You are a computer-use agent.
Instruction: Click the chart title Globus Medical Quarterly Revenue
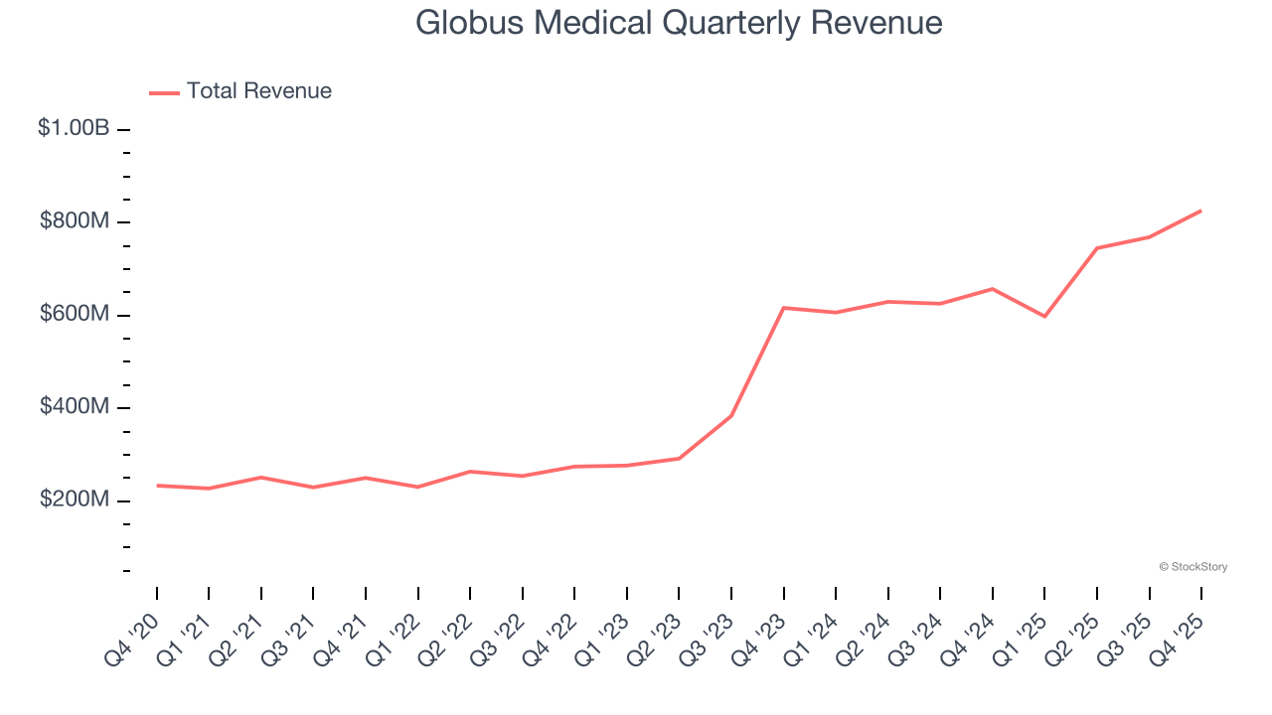(x=679, y=23)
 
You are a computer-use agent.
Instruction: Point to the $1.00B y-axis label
(x=74, y=128)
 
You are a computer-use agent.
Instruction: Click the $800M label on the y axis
(x=75, y=221)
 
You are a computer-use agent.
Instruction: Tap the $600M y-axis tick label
(x=75, y=314)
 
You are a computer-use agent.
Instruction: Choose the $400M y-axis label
(x=75, y=407)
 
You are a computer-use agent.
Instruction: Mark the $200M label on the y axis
(x=75, y=500)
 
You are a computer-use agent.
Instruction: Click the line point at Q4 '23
(x=784, y=308)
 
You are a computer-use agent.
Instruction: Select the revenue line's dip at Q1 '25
(x=1044, y=316)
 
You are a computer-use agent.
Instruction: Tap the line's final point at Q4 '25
(x=1200, y=211)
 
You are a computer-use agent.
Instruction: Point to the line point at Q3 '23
(x=731, y=416)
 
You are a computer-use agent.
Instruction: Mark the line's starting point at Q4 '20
(x=157, y=486)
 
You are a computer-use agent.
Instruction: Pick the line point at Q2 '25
(x=1097, y=248)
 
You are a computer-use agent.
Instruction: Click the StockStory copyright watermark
(x=1192, y=567)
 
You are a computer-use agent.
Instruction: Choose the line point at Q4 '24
(x=993, y=289)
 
